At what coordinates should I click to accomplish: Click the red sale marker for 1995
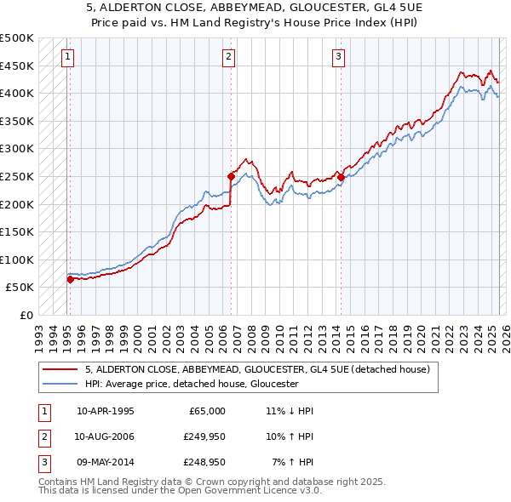pos(70,278)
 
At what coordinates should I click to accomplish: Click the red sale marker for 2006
pos(231,176)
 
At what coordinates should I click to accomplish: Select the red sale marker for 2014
pos(340,177)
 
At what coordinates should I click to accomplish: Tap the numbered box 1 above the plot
pos(67,57)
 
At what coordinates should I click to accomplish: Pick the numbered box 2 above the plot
pos(229,57)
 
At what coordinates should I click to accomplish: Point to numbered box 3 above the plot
pos(338,57)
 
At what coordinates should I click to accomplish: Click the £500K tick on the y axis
pos(17,38)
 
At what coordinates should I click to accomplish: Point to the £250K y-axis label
pos(17,176)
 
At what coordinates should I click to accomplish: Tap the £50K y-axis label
pos(20,288)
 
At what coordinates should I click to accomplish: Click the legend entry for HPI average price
pos(192,384)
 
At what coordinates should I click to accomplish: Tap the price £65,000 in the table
pos(207,411)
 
